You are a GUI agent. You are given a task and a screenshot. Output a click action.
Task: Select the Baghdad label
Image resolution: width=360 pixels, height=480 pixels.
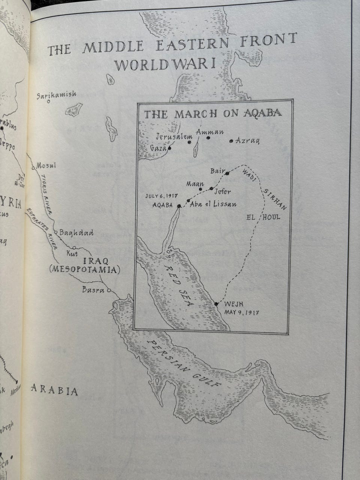(76, 233)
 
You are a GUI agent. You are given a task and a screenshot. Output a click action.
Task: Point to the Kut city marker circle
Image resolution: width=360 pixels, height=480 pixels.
(74, 247)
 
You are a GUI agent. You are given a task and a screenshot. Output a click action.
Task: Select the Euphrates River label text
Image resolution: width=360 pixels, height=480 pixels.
(41, 229)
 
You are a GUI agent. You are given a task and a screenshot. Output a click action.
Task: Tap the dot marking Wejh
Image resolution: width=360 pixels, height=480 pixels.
(216, 303)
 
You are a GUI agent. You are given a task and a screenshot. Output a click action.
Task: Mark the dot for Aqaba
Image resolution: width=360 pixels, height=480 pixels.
(179, 206)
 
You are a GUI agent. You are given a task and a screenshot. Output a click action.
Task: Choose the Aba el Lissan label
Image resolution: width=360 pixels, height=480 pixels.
(213, 204)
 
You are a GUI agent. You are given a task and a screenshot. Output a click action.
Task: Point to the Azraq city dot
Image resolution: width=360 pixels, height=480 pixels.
(231, 141)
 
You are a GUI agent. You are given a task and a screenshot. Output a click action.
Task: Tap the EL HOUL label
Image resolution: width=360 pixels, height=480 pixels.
(263, 217)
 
